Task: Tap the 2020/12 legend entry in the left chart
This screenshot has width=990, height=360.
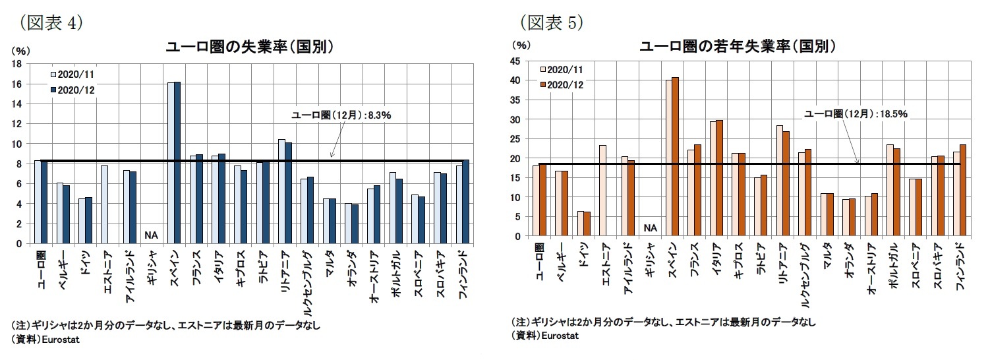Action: click(73, 89)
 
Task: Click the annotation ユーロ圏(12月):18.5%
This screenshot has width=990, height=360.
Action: click(856, 114)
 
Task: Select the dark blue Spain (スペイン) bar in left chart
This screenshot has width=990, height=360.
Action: click(177, 163)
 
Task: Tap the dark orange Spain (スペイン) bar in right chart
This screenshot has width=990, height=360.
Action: click(675, 157)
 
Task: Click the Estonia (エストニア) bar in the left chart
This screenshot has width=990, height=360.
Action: click(105, 204)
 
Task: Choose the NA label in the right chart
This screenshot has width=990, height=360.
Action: click(651, 228)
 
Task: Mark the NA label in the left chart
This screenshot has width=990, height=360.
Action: click(150, 234)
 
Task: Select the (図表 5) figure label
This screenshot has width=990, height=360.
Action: click(552, 22)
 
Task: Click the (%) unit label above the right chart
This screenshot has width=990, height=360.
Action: click(521, 45)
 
